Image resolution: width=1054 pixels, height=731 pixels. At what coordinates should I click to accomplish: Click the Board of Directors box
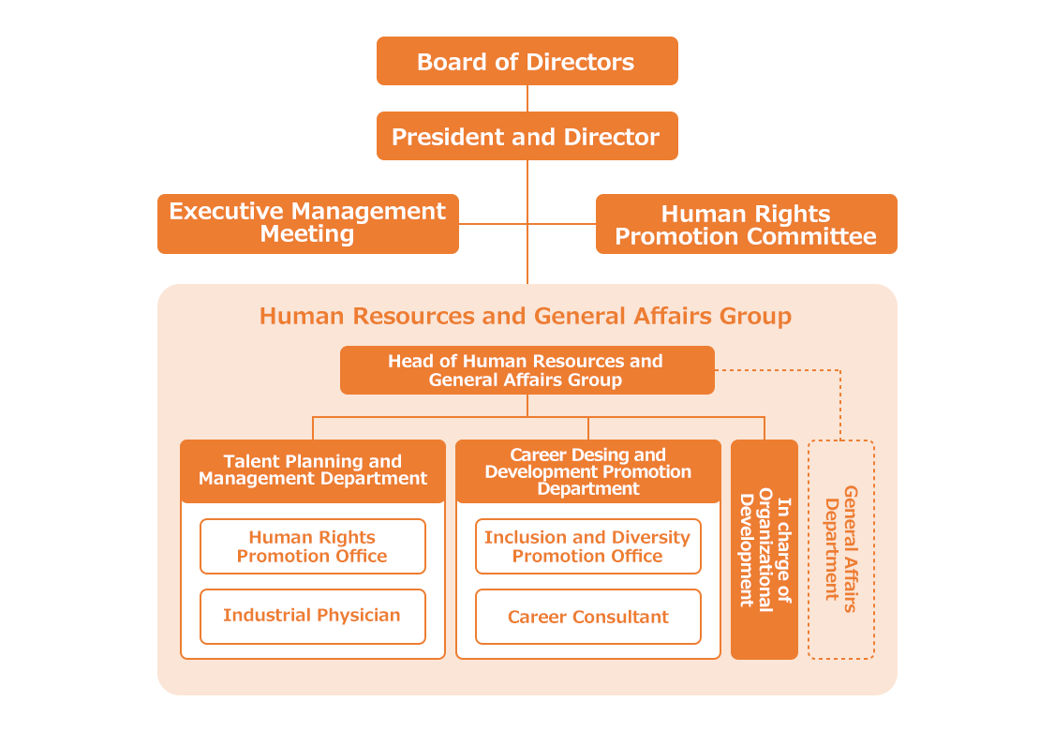(527, 62)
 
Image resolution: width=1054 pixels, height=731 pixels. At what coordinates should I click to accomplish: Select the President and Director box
(527, 137)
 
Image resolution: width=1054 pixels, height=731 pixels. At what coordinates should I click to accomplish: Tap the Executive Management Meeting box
(307, 223)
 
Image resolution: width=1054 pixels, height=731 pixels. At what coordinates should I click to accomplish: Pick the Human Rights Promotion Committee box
(746, 225)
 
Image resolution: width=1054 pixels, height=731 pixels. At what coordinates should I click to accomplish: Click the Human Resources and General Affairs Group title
(526, 316)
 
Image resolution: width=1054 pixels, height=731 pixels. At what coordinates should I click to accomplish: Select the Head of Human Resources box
(527, 370)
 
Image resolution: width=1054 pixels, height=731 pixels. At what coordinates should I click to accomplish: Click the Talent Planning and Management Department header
(313, 470)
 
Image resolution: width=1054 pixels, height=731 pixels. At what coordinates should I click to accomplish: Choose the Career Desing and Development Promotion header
(588, 471)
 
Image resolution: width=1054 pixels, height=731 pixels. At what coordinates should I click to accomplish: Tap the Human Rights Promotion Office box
(312, 546)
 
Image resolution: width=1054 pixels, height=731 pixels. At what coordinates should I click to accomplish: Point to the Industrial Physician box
(312, 616)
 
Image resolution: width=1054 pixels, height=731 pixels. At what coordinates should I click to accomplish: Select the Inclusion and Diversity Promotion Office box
(587, 546)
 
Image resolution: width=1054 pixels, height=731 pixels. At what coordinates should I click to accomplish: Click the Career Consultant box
(587, 617)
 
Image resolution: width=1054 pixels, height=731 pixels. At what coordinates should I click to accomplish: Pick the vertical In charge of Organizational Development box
(765, 549)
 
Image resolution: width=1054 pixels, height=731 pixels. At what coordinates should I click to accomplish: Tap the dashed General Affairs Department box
(840, 549)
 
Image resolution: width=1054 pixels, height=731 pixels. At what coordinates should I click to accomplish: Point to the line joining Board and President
(527, 98)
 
